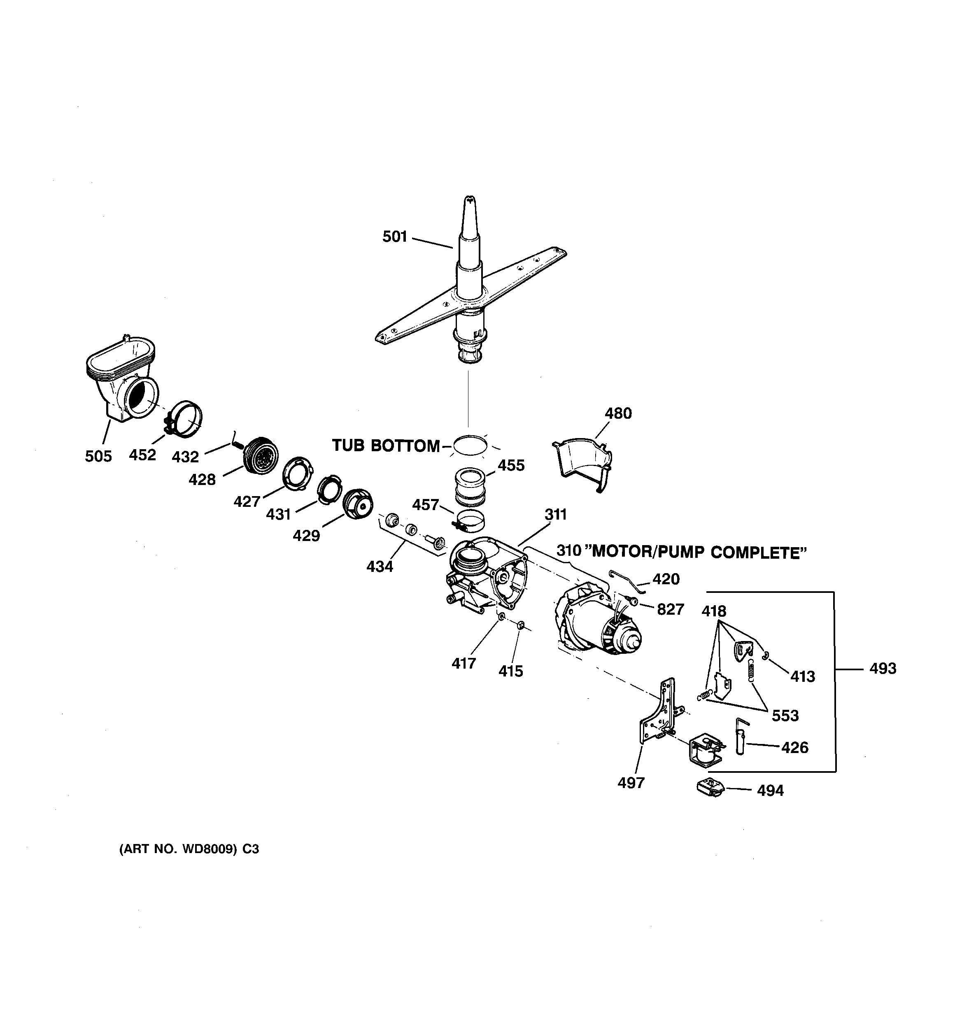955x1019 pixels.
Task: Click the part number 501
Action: (394, 236)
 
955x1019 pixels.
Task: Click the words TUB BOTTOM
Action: (385, 446)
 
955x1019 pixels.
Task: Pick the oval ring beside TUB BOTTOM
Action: (470, 445)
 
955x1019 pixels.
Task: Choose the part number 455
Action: (511, 465)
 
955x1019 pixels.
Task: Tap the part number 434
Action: (380, 567)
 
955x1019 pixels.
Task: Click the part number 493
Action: (883, 668)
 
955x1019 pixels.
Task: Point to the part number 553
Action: (785, 716)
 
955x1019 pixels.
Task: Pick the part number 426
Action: (794, 747)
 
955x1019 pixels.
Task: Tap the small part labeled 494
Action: (709, 787)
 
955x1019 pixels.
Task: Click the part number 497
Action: (631, 783)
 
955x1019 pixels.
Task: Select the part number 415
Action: (510, 671)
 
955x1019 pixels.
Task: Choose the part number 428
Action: (202, 479)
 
